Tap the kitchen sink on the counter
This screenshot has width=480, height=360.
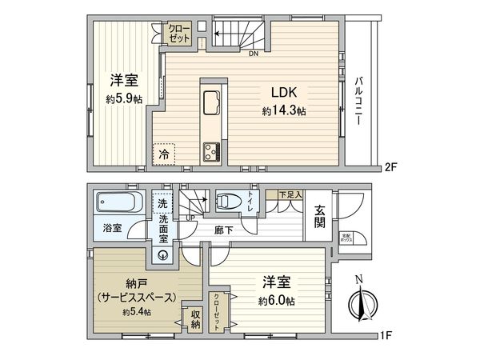pyautogui.click(x=213, y=103)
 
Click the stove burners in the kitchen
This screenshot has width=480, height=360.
pyautogui.click(x=213, y=150)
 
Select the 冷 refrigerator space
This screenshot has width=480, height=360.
pyautogui.click(x=163, y=153)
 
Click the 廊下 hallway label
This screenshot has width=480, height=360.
pyautogui.click(x=223, y=229)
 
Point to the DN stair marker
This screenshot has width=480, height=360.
pyautogui.click(x=253, y=55)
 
